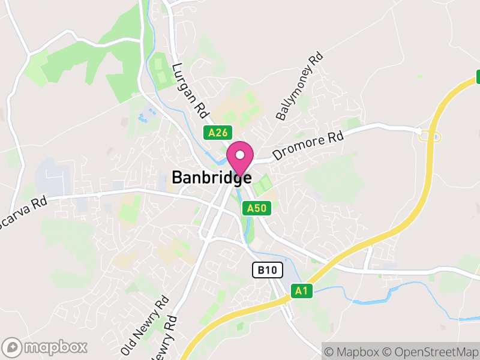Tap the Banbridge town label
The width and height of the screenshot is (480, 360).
click(x=211, y=178)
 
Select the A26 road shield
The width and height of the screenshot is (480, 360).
click(x=217, y=133)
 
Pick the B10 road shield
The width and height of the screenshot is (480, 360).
click(x=266, y=270)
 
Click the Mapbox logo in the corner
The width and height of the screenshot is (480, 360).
click(x=45, y=347)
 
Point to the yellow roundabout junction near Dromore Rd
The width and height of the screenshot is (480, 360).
click(x=430, y=136)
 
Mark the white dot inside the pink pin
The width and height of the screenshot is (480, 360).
click(x=240, y=155)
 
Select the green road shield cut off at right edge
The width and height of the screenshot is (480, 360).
click(x=478, y=77)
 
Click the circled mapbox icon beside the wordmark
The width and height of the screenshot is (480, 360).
click(x=12, y=347)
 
